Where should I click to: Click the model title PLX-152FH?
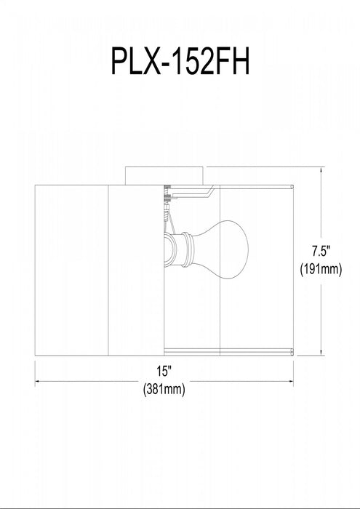(x=180, y=60)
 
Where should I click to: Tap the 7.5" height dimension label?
(x=321, y=252)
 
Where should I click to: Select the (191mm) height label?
(x=321, y=270)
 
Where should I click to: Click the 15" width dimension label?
(x=164, y=371)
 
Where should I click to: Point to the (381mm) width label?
(x=164, y=388)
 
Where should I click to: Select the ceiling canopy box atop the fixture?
(x=165, y=176)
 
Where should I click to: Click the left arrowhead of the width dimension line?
(x=37, y=381)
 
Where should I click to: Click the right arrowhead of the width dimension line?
(x=291, y=381)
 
